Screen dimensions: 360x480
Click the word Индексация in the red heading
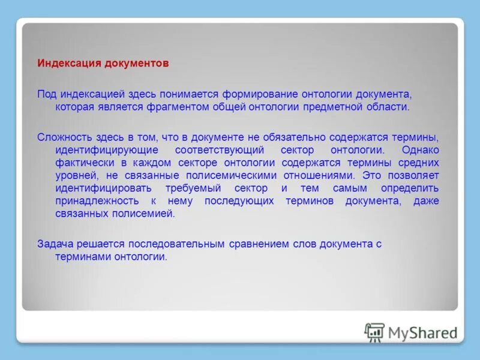click(64, 62)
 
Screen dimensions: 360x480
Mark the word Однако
click(421, 149)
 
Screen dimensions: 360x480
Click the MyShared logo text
click(422, 332)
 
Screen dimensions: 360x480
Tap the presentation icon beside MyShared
click(374, 332)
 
